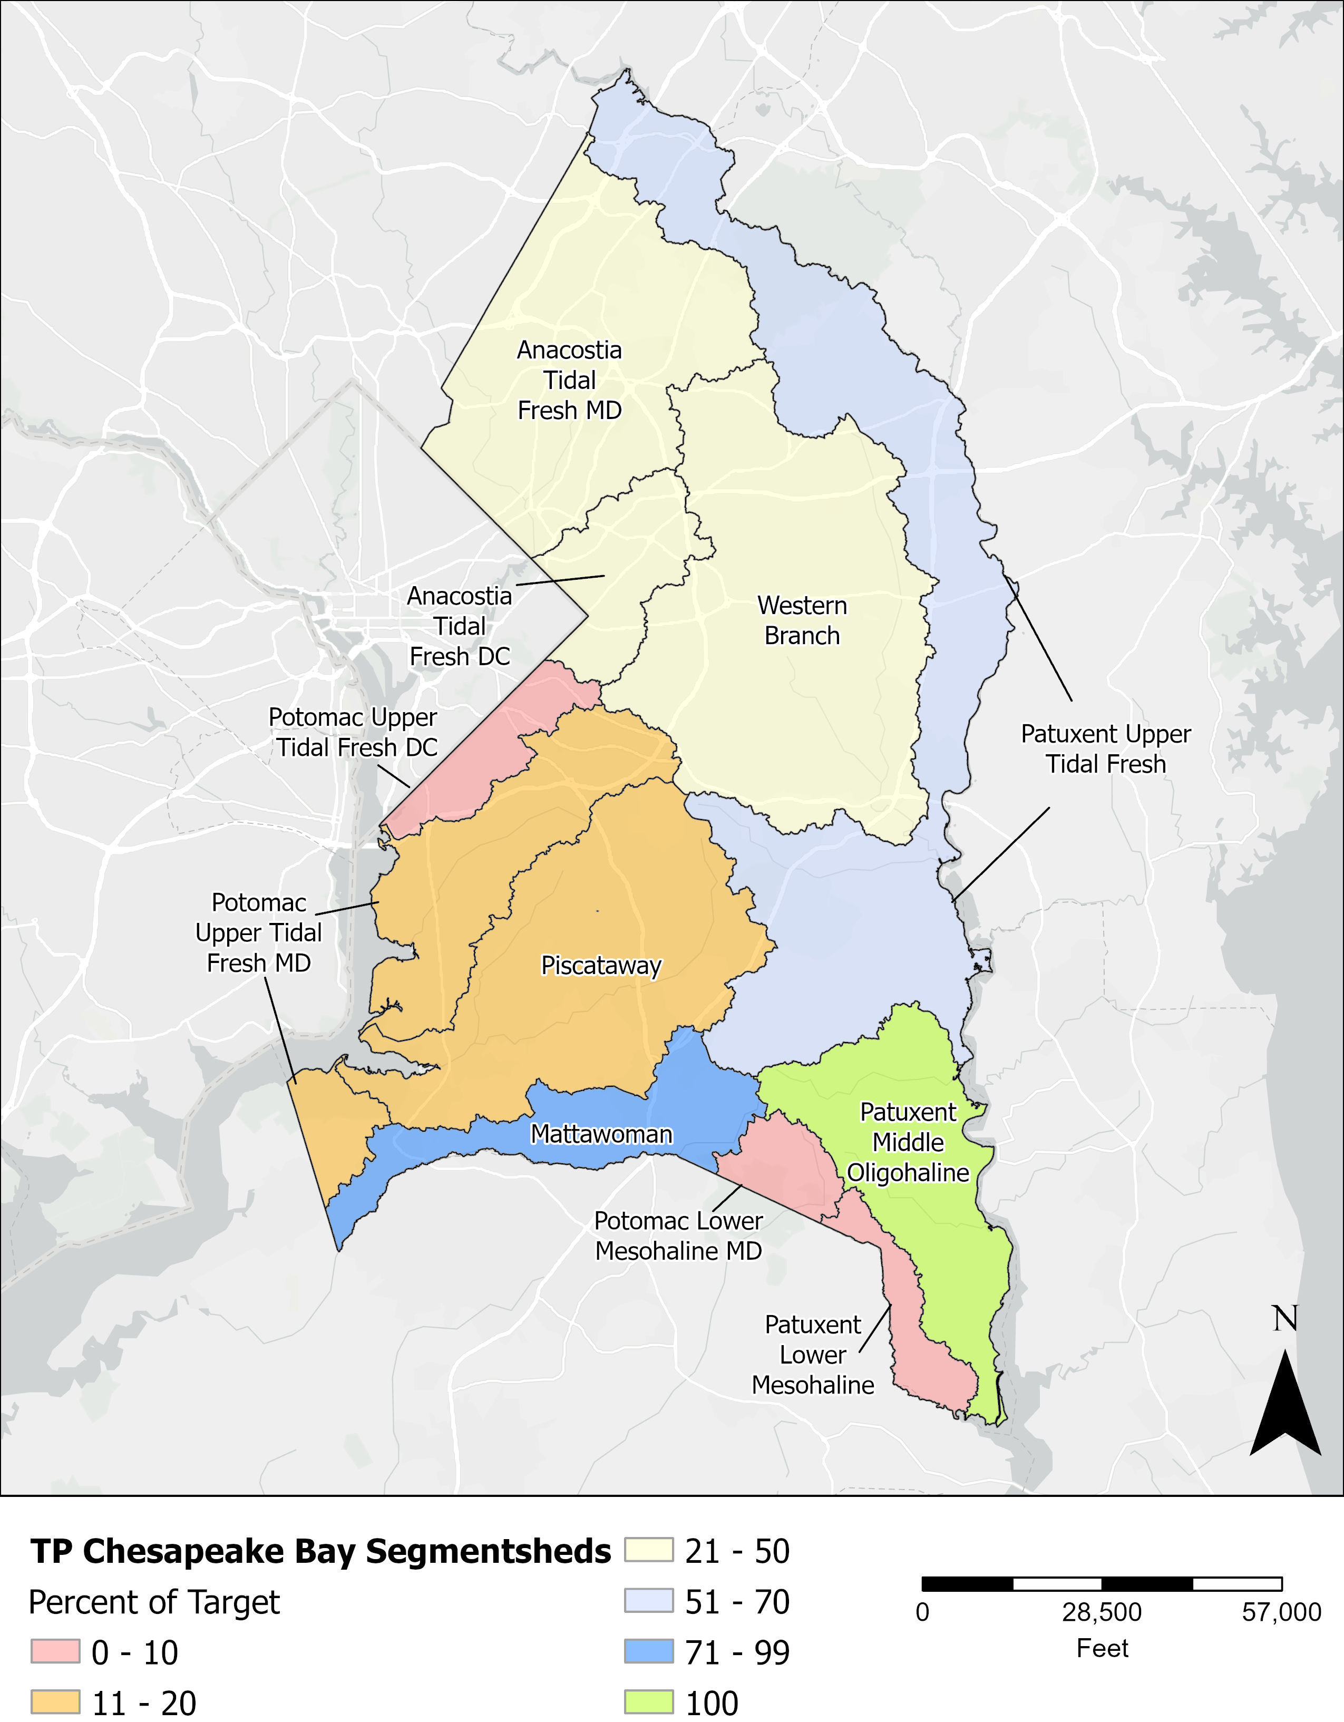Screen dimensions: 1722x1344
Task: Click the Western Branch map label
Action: [802, 620]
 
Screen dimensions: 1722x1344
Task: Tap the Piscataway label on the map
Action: [601, 965]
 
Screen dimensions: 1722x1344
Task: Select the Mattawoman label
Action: [601, 1134]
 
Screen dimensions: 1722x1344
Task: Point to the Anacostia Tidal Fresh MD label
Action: [569, 380]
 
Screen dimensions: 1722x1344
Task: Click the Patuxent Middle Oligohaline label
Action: [908, 1143]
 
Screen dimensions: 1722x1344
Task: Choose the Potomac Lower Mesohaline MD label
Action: [678, 1235]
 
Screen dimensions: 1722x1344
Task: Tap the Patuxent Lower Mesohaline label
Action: [813, 1355]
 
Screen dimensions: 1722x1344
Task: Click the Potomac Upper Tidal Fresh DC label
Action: [353, 733]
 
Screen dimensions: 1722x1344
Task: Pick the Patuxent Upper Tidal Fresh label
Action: [1105, 749]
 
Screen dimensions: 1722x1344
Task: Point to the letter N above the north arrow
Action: [1285, 1318]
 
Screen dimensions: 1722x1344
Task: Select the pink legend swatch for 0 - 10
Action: [55, 1652]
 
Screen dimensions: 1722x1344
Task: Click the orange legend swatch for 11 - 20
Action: [55, 1701]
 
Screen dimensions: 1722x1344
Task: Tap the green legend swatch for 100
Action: [649, 1701]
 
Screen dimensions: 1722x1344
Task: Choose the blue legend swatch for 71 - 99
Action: [649, 1652]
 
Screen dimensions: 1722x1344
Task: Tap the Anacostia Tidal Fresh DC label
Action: [460, 626]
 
